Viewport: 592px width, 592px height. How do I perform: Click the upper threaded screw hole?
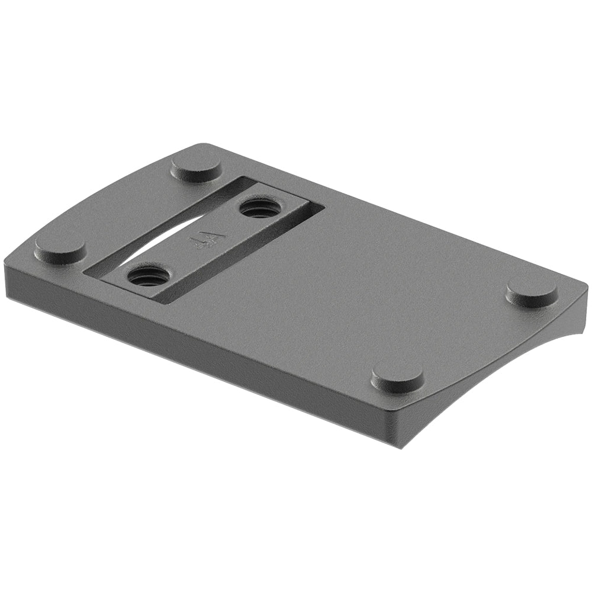(x=258, y=208)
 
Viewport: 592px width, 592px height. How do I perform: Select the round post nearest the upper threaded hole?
(x=197, y=167)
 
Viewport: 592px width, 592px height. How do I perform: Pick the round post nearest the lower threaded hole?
(x=60, y=250)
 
